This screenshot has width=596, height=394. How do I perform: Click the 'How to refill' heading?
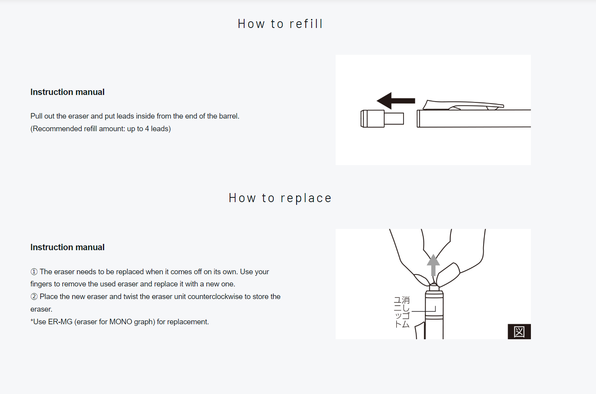coord(280,24)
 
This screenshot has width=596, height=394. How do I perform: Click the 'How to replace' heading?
coord(280,198)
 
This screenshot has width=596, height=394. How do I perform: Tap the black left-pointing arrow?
coord(396,101)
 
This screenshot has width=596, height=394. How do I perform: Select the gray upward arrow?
coord(433,265)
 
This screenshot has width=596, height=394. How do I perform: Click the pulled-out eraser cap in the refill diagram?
coord(382,119)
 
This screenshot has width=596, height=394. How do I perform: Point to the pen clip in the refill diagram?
coord(463,105)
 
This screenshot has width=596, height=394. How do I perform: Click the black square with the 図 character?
coord(519,331)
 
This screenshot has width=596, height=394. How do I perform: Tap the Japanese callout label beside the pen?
coord(402,312)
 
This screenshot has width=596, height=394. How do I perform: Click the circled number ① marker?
coord(34,272)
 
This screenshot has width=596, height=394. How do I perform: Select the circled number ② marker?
coord(34,296)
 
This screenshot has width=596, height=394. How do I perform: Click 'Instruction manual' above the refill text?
coord(67,92)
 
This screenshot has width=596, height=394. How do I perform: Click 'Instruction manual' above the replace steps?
coord(67,247)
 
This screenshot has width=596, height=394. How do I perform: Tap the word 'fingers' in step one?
coord(41,284)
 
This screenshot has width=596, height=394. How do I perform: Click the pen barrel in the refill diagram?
coord(474,119)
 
